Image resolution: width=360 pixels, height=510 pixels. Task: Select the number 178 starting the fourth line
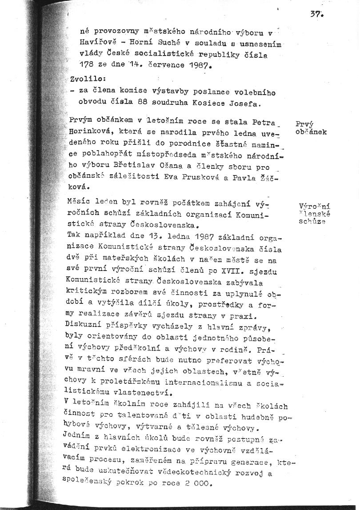coord(86,67)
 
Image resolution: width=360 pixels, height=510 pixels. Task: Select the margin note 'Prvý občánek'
coord(311,128)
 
